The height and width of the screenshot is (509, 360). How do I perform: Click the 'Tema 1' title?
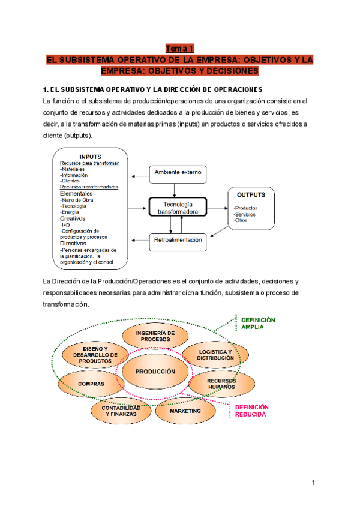click(x=179, y=49)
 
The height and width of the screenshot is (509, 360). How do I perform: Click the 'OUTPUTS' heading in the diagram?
click(x=251, y=194)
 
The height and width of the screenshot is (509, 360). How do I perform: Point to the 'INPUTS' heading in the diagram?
click(x=91, y=157)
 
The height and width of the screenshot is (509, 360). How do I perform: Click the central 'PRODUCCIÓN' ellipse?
click(x=155, y=372)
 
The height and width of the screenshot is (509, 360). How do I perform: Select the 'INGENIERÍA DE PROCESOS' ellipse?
click(x=155, y=336)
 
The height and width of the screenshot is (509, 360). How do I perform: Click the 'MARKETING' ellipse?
click(x=185, y=412)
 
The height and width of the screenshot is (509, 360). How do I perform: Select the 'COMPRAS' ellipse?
click(x=91, y=384)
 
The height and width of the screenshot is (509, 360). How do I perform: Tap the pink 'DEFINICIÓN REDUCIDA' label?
click(x=251, y=411)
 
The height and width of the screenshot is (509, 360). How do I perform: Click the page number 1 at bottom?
click(x=313, y=483)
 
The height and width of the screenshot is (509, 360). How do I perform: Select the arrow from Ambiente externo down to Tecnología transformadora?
click(x=174, y=189)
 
